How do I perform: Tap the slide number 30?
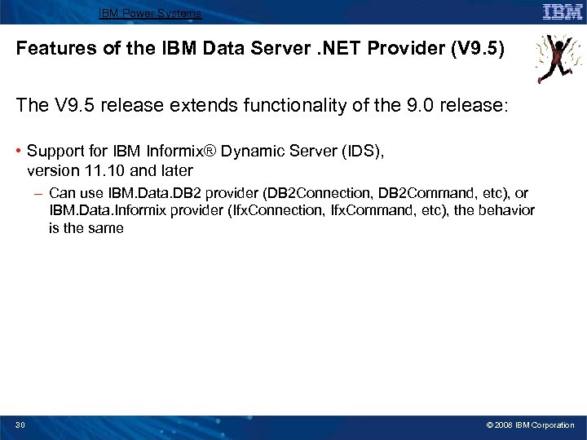point(20,425)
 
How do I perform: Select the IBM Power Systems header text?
point(150,13)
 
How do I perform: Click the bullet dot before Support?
point(19,151)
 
